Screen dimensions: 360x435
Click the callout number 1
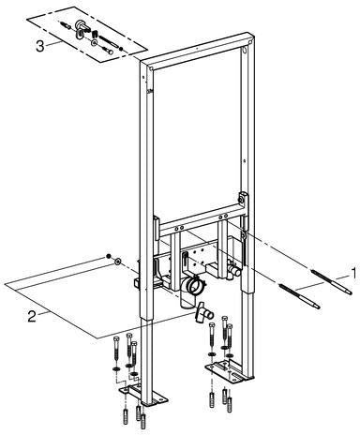tap(353, 273)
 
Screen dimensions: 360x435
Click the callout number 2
tap(32, 317)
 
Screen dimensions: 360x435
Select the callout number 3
tap(39, 47)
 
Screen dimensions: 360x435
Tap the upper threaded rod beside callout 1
tap(332, 282)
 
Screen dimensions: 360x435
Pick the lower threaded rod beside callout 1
tap(299, 296)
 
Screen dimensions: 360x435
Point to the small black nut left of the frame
tap(108, 256)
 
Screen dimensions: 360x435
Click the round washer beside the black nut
tap(117, 262)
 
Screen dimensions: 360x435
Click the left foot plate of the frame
tap(143, 395)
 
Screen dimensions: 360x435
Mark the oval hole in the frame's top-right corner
tap(245, 50)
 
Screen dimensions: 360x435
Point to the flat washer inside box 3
tap(94, 42)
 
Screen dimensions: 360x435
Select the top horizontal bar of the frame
tap(198, 50)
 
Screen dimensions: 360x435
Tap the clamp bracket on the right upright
tap(244, 199)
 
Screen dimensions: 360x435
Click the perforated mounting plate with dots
tap(196, 258)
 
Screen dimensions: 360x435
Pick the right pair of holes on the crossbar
tap(223, 217)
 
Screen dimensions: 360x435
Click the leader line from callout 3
tap(52, 44)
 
